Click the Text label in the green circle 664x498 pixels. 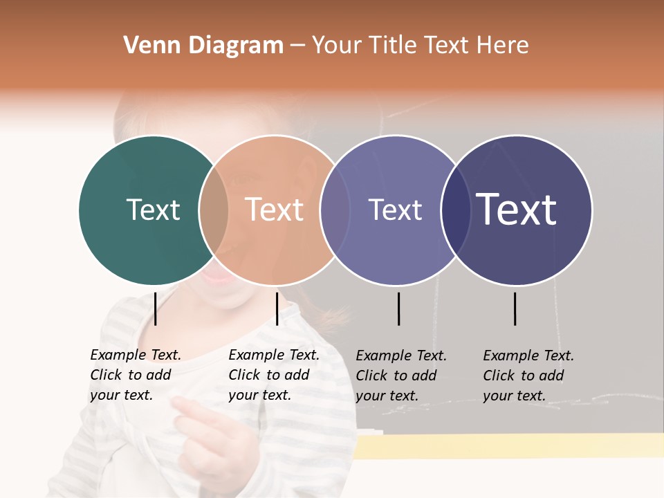pyautogui.click(x=153, y=210)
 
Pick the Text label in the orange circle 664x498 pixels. pyautogui.click(x=274, y=210)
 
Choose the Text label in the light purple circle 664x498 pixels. pyautogui.click(x=395, y=210)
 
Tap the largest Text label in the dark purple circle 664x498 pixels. pyautogui.click(x=516, y=210)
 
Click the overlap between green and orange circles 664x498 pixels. pyautogui.click(x=214, y=210)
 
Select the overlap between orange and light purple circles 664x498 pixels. pyautogui.click(x=335, y=210)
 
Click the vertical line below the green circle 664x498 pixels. pyautogui.click(x=156, y=308)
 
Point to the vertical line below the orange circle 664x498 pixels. pyautogui.click(x=277, y=308)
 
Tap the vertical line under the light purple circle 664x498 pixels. pyautogui.click(x=399, y=308)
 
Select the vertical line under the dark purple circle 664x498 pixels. pyautogui.click(x=515, y=308)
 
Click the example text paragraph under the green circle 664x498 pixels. pyautogui.click(x=135, y=375)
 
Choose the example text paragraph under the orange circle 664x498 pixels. pyautogui.click(x=273, y=375)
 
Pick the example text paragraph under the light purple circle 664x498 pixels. pyautogui.click(x=400, y=376)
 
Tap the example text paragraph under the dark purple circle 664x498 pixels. pyautogui.click(x=528, y=376)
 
